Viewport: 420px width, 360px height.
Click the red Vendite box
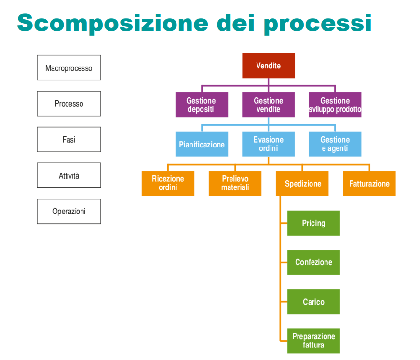point(269,66)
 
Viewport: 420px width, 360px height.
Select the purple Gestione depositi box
point(202,105)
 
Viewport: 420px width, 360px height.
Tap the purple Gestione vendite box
point(269,105)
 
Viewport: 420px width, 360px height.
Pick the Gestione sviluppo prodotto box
point(335,105)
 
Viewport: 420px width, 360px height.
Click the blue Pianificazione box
point(202,144)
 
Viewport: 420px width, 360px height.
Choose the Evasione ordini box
point(269,144)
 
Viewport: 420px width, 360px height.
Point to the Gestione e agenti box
point(335,144)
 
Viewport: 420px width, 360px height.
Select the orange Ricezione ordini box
point(168,183)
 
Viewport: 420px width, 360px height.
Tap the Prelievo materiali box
point(235,183)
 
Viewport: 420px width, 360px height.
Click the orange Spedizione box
point(302,183)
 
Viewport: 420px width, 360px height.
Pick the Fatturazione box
point(369,183)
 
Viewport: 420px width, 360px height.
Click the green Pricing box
point(313,223)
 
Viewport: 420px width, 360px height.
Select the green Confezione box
point(313,262)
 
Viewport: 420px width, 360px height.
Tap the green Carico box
point(313,302)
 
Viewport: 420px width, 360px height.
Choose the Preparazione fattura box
point(313,341)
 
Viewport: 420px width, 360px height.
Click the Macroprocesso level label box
point(69,68)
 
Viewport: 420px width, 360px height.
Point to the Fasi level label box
point(69,139)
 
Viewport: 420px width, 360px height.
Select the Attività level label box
point(69,175)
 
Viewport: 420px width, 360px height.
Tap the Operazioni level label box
point(69,211)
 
